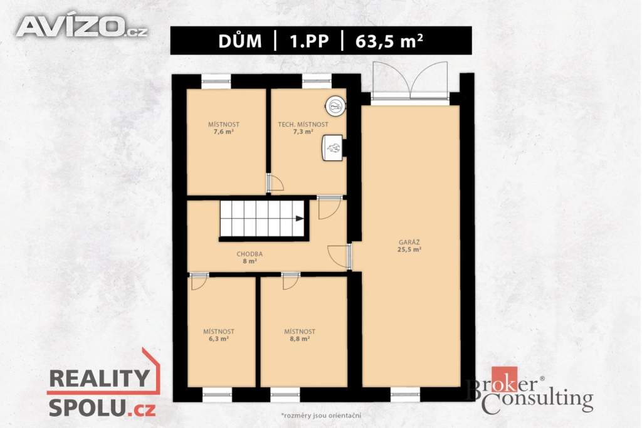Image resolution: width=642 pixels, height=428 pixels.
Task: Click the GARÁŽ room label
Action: [409, 242]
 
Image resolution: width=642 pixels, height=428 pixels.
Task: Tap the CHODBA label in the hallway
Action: [250, 254]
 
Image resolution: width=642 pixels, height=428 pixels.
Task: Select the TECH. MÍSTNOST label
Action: [303, 125]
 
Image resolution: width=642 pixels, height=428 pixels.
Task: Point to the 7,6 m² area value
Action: [224, 132]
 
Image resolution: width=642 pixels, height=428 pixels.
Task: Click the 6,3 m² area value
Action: [219, 339]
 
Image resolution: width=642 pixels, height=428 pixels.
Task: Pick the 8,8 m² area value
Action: [300, 339]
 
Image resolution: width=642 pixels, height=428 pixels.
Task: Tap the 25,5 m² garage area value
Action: [409, 249]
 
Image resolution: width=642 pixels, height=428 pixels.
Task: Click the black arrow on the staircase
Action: [300, 219]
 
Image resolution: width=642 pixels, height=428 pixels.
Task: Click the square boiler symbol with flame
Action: [333, 148]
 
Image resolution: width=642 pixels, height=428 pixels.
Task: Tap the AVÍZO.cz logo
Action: [82, 27]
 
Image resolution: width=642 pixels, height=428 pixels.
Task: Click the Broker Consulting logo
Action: [530, 390]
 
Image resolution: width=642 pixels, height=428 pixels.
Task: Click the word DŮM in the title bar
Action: [240, 41]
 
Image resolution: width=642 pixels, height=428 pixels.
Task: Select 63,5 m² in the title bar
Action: [389, 41]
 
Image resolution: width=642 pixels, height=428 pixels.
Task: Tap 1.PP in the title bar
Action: [309, 41]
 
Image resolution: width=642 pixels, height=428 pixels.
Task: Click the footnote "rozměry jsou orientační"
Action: [321, 415]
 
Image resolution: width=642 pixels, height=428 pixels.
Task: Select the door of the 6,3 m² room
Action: [199, 281]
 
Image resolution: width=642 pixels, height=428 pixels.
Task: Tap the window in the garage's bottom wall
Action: [406, 395]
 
